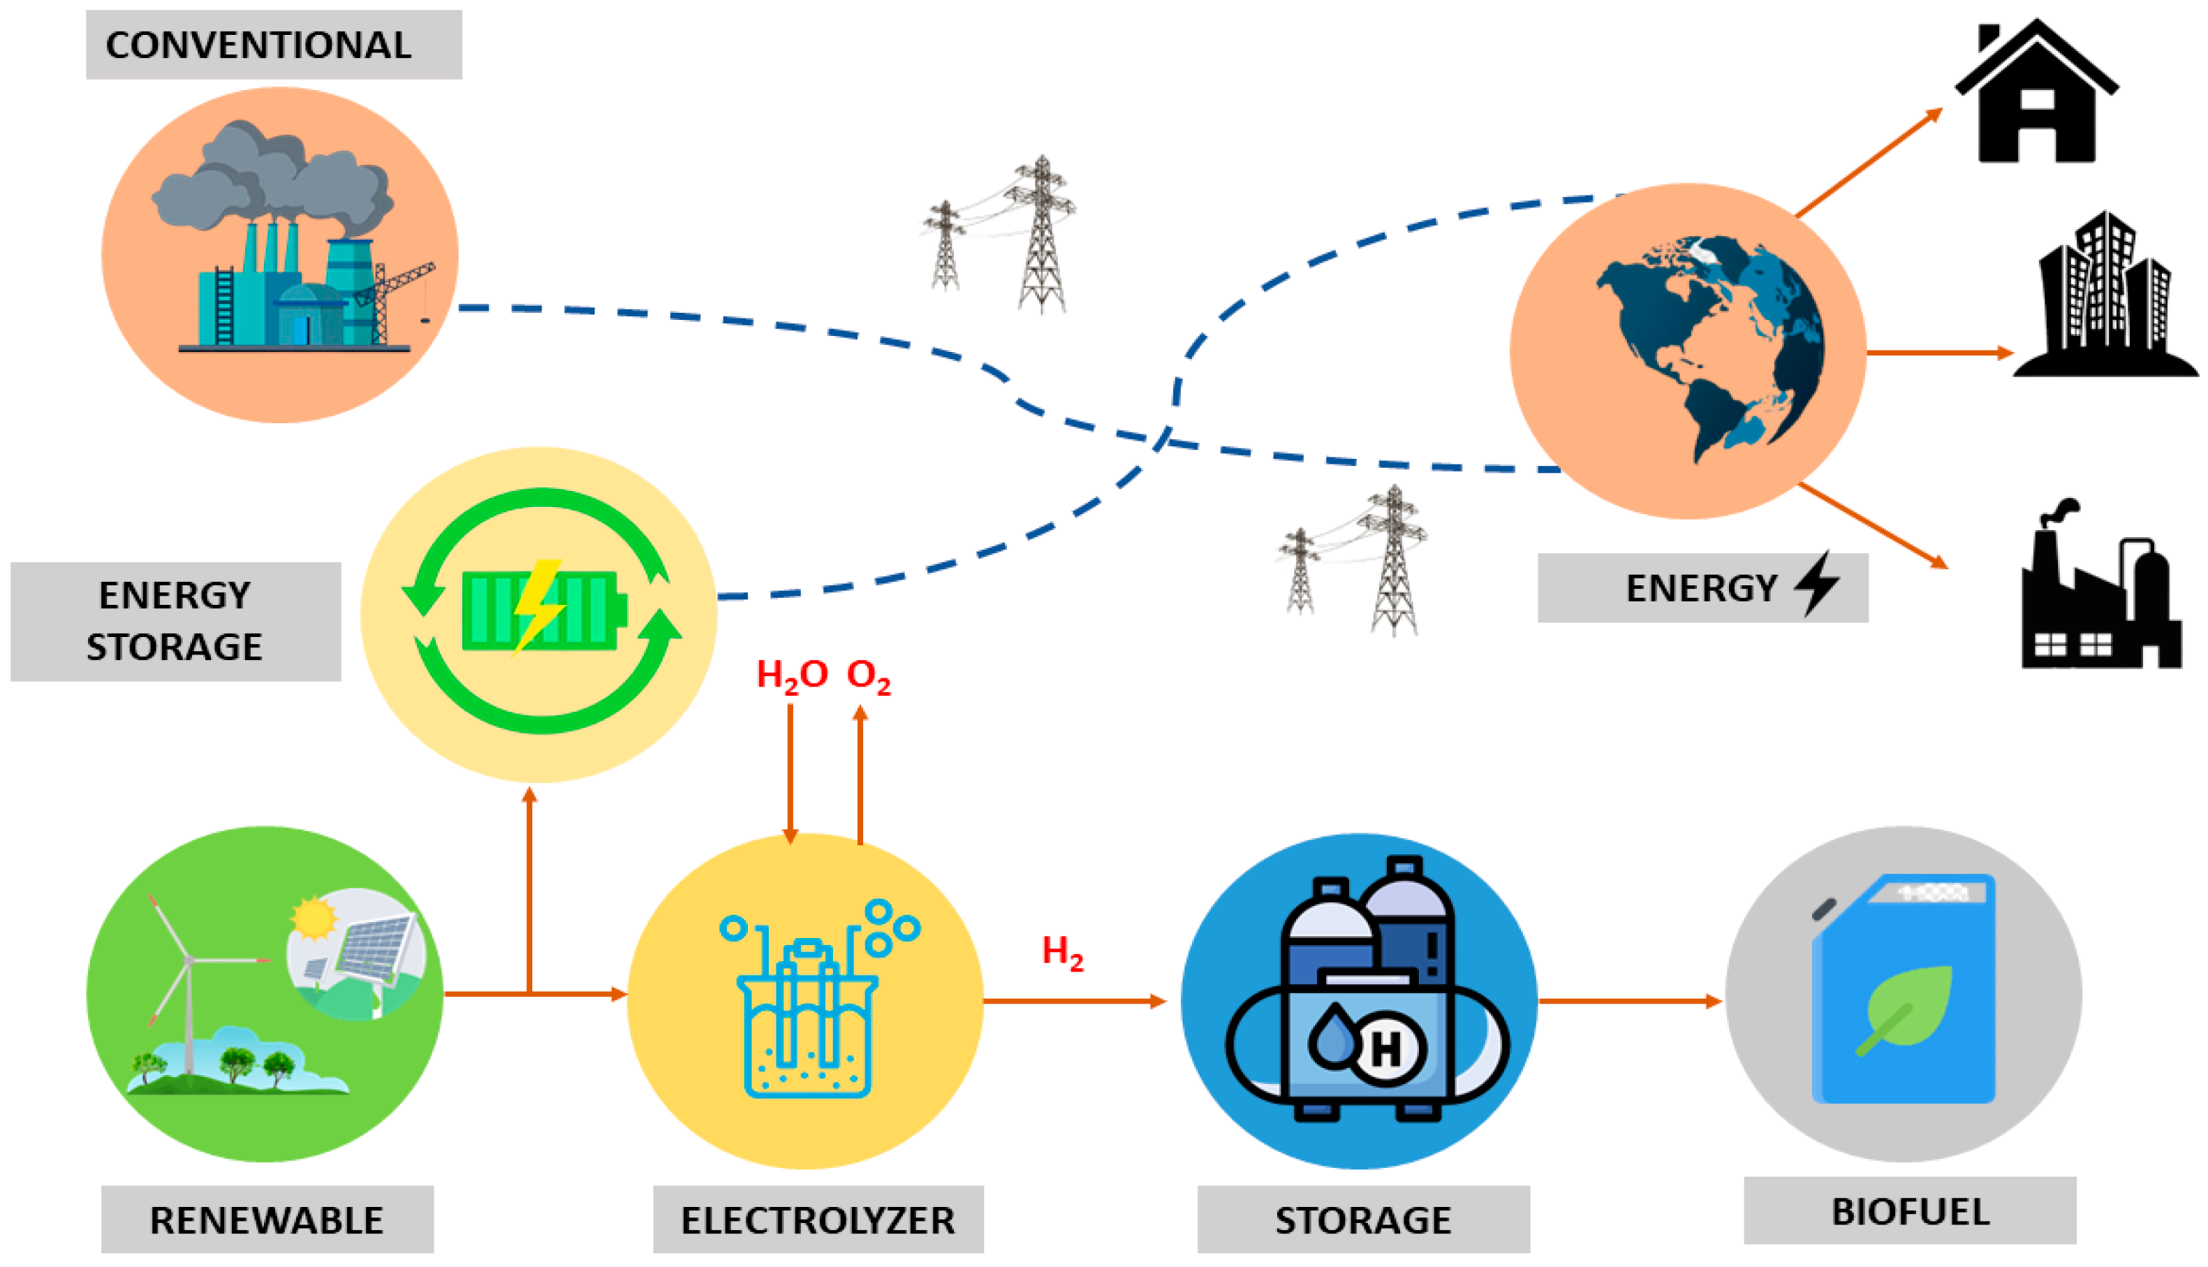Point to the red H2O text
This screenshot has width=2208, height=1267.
coord(790,675)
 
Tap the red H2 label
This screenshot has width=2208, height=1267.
coord(1062,951)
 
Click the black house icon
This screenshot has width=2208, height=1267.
coord(2036,96)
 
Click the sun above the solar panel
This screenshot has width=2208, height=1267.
coord(314,918)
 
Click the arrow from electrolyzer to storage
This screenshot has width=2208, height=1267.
coord(1075,1001)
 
